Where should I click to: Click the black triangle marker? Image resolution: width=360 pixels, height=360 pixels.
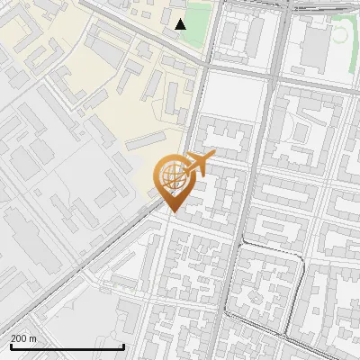click(181, 24)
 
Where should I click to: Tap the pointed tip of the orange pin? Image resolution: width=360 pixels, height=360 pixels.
click(171, 213)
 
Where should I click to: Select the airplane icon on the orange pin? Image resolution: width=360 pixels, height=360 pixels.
click(197, 165)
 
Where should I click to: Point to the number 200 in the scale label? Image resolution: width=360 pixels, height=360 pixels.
click(20, 338)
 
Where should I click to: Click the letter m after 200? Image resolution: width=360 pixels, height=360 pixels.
click(34, 338)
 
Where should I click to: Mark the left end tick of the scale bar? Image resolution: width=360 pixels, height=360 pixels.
click(10, 346)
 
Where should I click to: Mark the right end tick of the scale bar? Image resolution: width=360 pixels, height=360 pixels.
click(124, 346)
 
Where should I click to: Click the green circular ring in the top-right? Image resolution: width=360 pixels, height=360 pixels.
click(341, 34)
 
